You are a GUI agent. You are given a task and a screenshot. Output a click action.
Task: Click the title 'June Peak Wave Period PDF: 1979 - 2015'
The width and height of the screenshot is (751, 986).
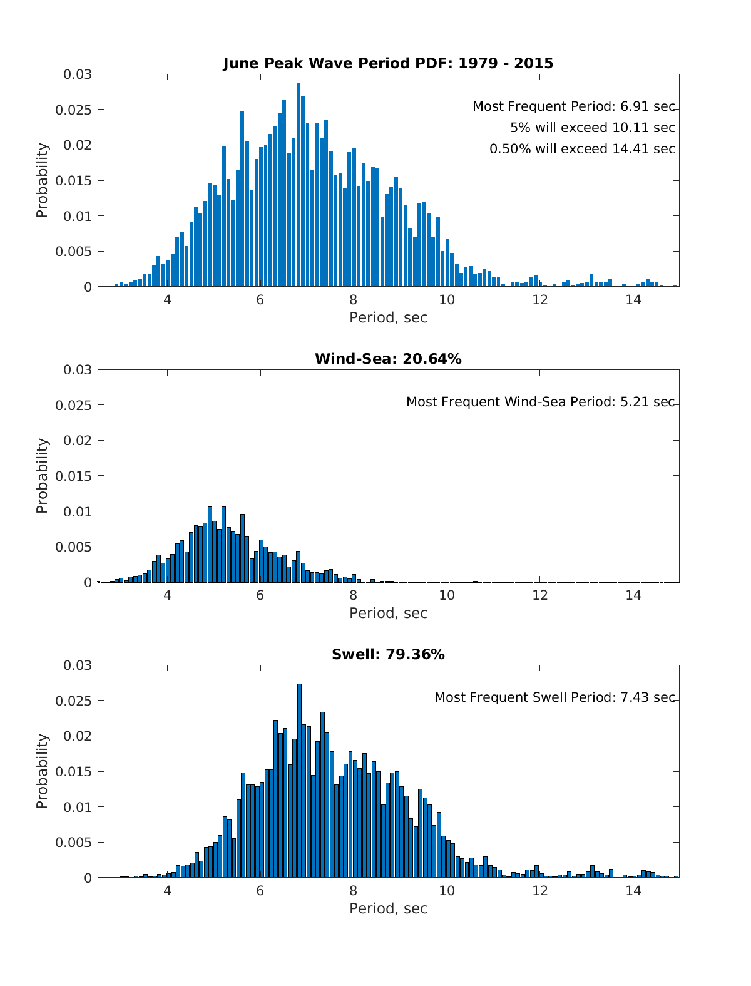coord(388,63)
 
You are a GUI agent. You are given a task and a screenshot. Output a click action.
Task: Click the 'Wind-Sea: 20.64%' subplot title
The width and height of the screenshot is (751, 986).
coord(388,359)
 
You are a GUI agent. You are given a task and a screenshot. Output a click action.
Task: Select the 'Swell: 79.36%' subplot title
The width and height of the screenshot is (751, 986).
coord(388,654)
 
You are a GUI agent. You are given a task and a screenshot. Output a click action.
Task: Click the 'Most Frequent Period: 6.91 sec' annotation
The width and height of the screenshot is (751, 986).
coord(573,106)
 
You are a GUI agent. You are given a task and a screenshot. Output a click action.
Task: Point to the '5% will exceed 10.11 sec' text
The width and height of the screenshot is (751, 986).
coord(592,128)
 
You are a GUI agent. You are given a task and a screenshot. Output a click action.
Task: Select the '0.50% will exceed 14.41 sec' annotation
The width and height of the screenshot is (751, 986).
coord(582,149)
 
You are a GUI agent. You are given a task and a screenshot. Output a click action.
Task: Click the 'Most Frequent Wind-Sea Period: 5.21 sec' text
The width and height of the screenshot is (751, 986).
coord(540,402)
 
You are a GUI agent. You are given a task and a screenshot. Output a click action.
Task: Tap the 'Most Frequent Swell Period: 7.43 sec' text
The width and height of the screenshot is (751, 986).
coord(554,697)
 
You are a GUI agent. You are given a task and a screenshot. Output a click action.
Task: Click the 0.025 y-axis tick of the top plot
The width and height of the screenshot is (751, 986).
coord(77,110)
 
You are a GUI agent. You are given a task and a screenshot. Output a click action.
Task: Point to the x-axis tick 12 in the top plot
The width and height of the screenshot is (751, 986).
coord(540,299)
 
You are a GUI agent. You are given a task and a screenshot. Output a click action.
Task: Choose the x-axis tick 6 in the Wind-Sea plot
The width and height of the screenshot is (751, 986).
coord(260,595)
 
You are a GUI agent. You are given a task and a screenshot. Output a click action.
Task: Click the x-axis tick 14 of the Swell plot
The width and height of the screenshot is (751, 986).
coord(633,890)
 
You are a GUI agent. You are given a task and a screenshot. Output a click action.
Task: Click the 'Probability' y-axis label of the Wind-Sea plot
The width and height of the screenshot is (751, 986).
coord(42,476)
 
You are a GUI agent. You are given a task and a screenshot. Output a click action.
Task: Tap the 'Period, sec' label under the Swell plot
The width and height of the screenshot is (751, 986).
coord(388,908)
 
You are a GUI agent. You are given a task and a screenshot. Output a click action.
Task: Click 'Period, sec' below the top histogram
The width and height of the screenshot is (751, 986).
coord(388,317)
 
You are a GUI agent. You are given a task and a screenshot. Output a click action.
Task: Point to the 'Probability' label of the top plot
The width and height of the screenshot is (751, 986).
coord(42,180)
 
